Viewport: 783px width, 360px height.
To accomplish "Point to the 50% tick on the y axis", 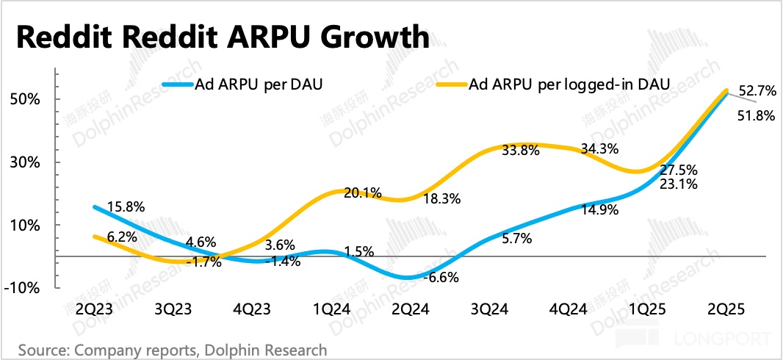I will click(24, 99).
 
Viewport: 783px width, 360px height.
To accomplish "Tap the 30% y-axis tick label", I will click(24, 162).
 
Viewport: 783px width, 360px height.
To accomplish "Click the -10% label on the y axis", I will click(22, 288).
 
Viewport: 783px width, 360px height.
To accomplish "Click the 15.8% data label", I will click(126, 208).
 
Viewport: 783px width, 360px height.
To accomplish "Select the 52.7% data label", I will click(757, 91).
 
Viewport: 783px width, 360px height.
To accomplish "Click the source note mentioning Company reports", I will click(173, 349).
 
